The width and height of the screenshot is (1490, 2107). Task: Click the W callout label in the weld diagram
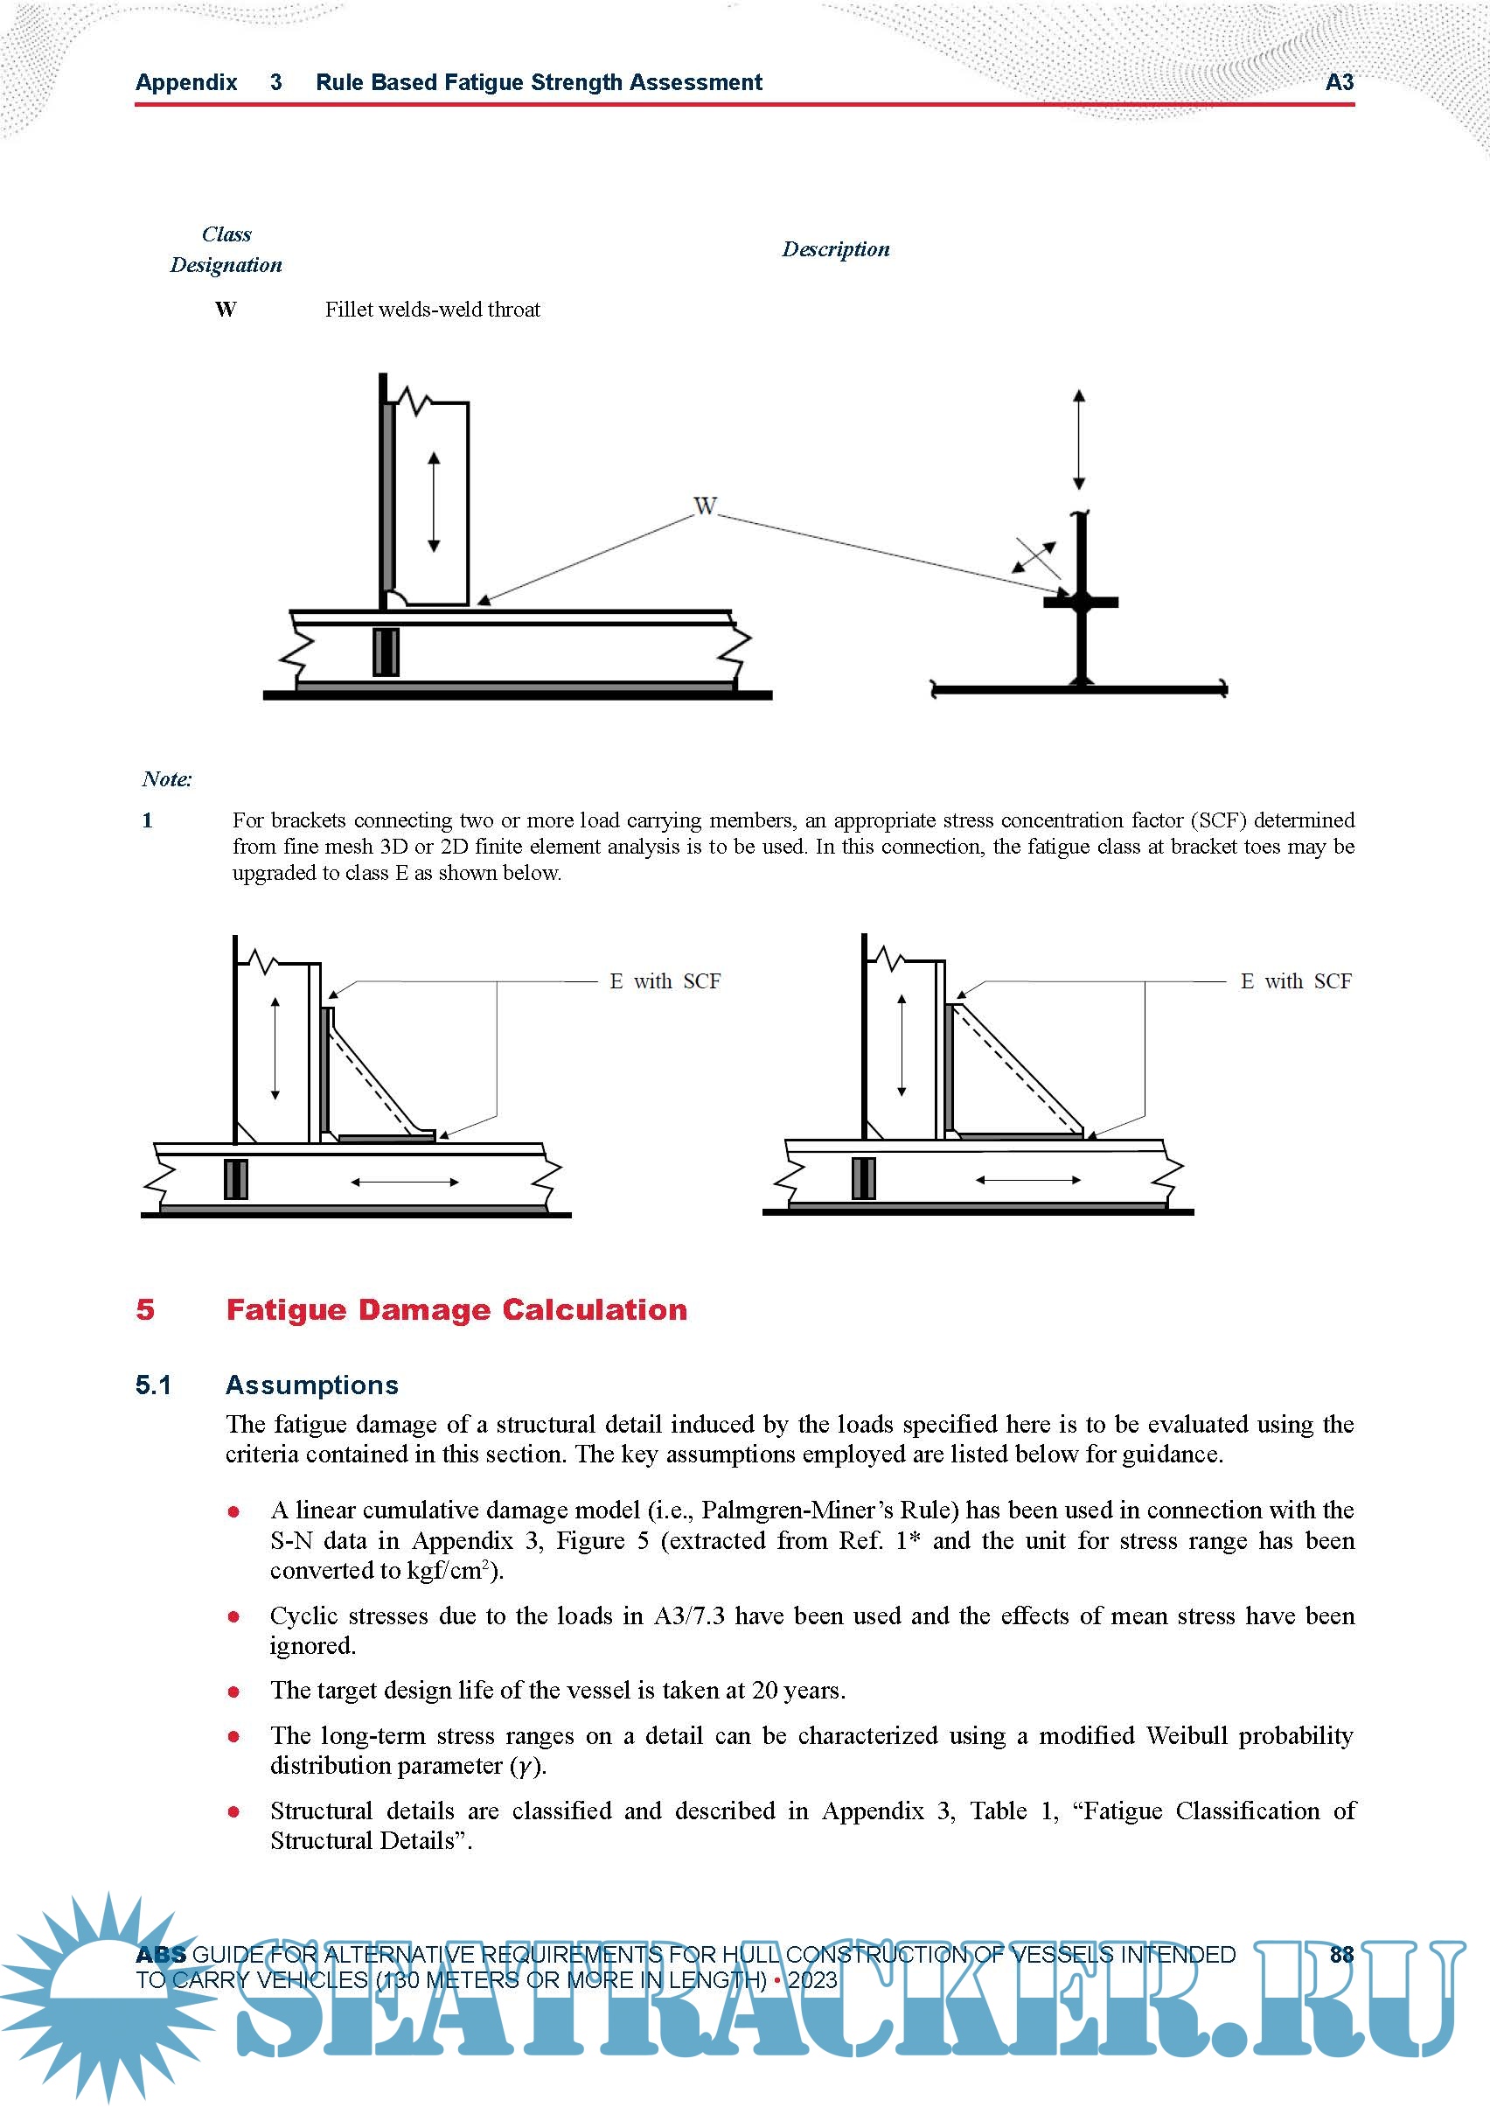[705, 506]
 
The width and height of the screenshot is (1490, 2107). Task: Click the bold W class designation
[226, 310]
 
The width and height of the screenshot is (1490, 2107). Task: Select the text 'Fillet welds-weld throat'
[432, 310]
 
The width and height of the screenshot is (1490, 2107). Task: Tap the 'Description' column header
[835, 249]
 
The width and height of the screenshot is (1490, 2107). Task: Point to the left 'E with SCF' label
[665, 981]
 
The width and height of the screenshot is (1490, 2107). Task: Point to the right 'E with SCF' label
[1296, 981]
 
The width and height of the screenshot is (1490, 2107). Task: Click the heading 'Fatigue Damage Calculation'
[456, 1309]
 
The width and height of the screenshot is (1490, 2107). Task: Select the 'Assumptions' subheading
[312, 1385]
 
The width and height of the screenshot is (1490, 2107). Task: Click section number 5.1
[153, 1385]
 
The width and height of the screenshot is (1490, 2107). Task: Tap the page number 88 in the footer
[1341, 1954]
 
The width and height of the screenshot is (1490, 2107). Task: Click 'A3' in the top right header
[1340, 82]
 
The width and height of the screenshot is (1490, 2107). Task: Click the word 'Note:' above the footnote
[167, 779]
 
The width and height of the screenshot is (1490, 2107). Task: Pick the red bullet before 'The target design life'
[234, 1692]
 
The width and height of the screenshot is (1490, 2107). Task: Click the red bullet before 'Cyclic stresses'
[234, 1616]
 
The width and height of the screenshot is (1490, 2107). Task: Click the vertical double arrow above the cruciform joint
[1079, 440]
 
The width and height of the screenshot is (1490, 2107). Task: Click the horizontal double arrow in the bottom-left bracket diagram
[405, 1182]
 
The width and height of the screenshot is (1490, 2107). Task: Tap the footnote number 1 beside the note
[148, 820]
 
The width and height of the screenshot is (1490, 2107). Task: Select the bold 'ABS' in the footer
[161, 1955]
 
